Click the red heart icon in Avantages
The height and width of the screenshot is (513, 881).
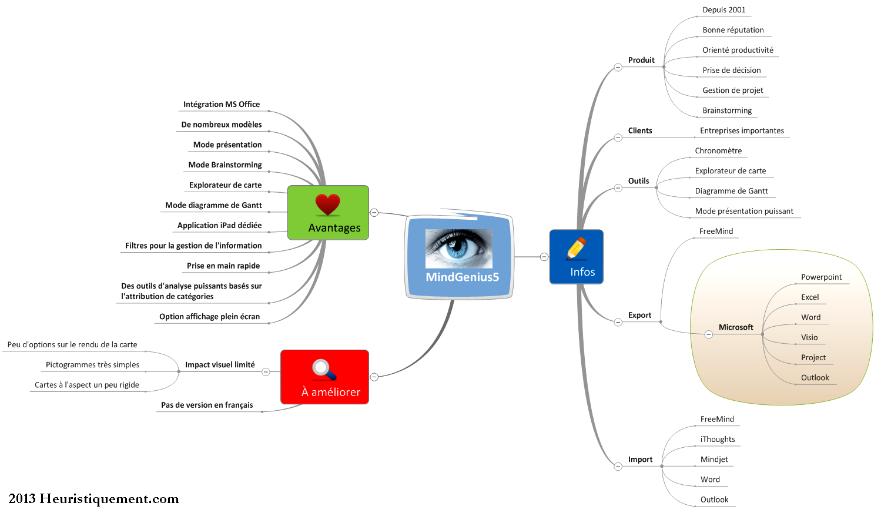327,204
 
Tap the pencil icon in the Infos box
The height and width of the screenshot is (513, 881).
577,249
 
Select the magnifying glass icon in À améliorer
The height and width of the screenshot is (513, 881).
324,370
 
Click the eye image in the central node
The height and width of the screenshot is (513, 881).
458,249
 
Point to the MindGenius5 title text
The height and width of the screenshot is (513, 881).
462,277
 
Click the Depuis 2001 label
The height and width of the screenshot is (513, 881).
723,10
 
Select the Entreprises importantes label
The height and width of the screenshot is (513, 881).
742,130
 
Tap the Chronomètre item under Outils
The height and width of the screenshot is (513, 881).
718,150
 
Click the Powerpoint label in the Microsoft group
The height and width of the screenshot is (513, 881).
821,277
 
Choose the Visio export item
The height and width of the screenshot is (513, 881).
809,337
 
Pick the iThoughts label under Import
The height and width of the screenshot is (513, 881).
718,439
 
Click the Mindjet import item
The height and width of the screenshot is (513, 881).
714,459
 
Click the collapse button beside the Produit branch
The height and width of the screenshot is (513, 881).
618,67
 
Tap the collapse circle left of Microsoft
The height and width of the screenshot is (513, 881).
708,334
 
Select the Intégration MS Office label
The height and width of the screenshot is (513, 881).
222,104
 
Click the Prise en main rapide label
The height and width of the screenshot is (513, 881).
223,266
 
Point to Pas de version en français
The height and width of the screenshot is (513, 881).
207,405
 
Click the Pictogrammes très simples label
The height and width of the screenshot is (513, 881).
92,365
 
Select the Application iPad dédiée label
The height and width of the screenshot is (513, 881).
219,225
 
